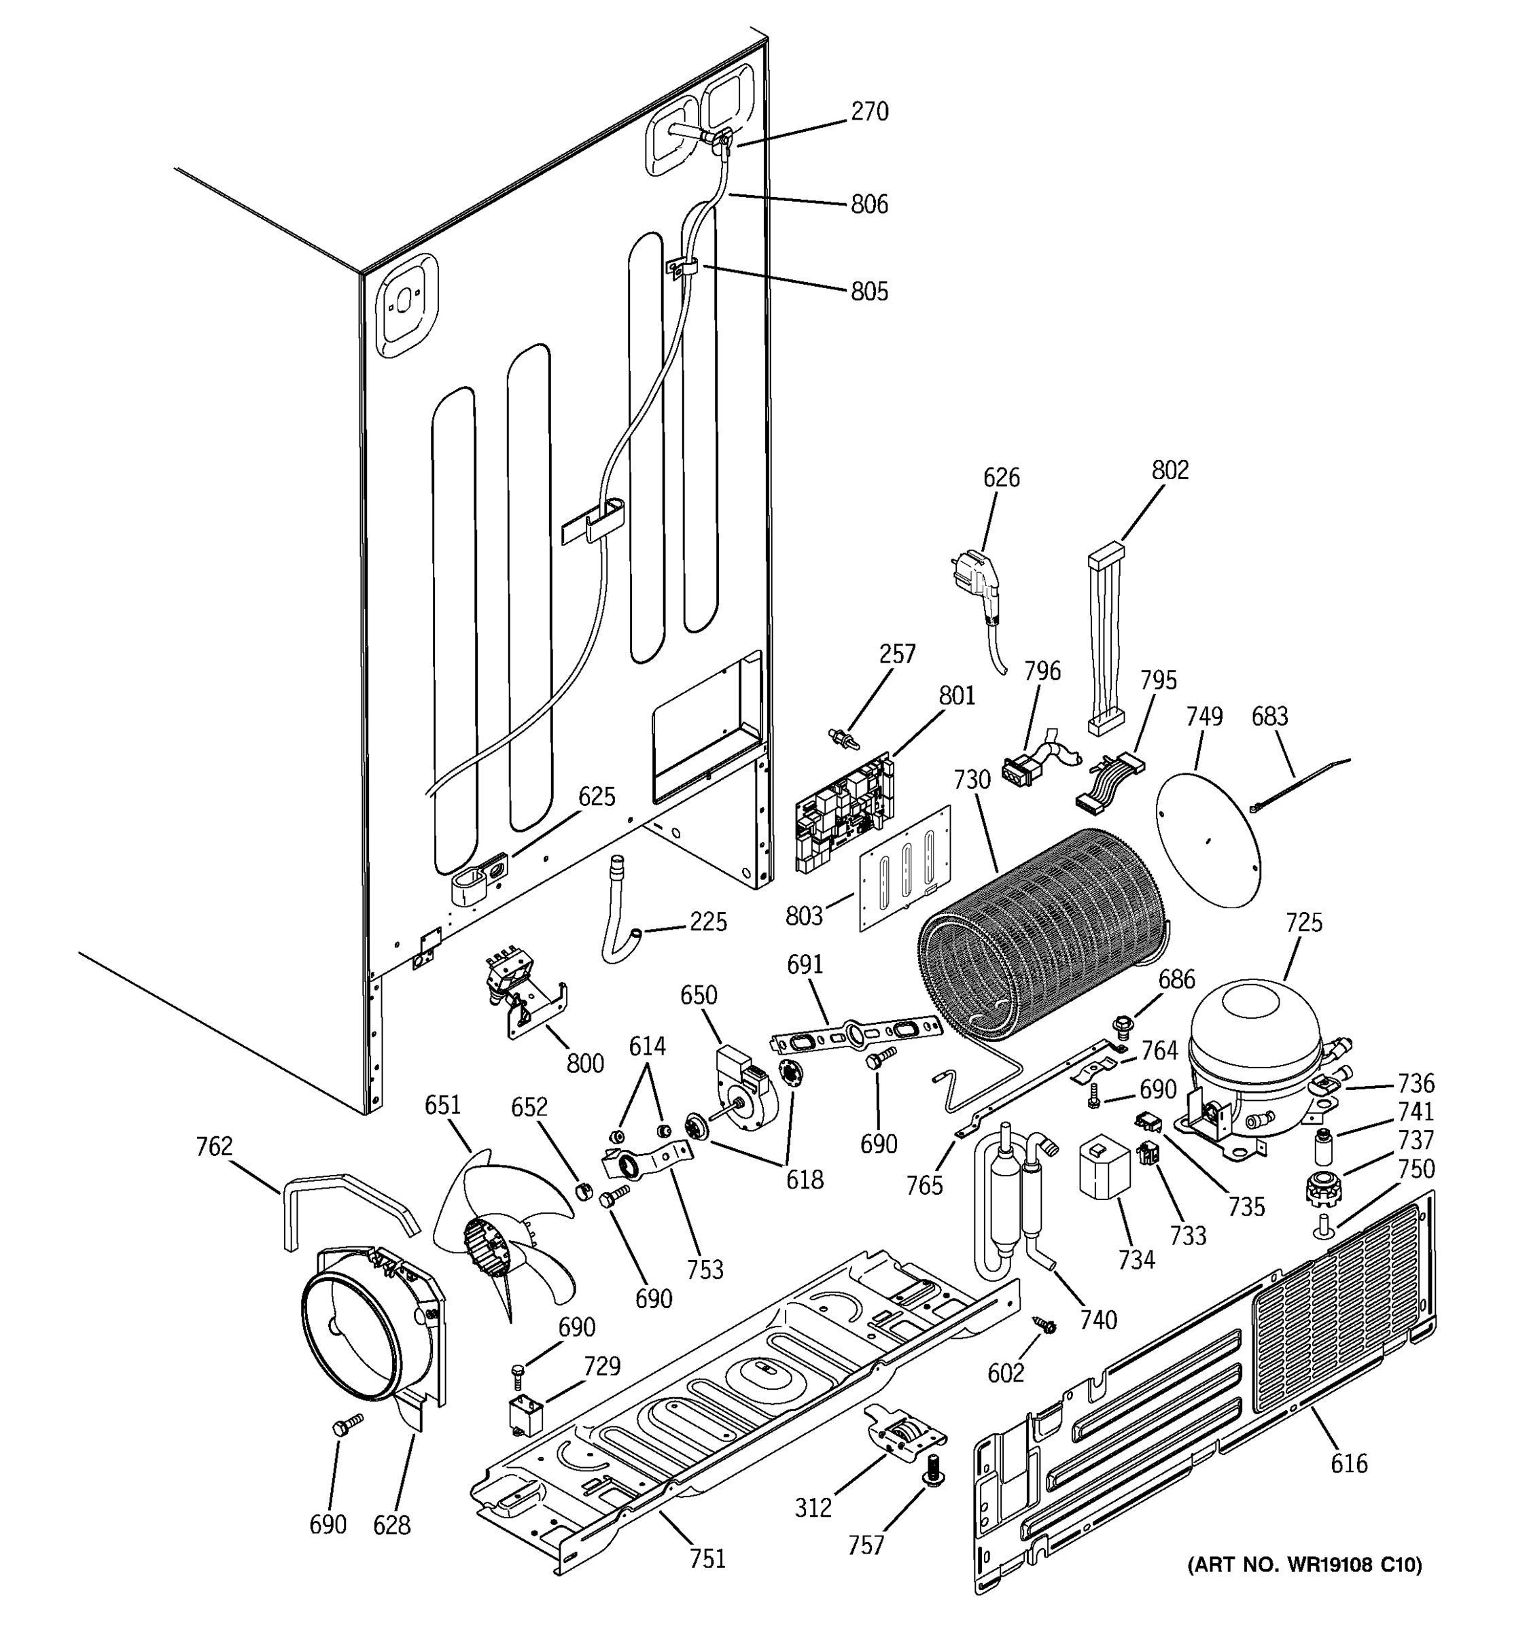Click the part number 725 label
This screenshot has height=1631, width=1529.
click(x=1303, y=923)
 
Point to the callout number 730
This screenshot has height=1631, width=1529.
click(x=972, y=779)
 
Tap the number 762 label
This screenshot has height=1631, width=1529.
click(x=214, y=1146)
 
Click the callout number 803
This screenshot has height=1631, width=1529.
click(x=804, y=916)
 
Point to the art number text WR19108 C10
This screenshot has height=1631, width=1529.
click(x=1304, y=1565)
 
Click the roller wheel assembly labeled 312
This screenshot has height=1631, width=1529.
click(x=902, y=1442)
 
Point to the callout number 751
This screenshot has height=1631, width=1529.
click(x=707, y=1558)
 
